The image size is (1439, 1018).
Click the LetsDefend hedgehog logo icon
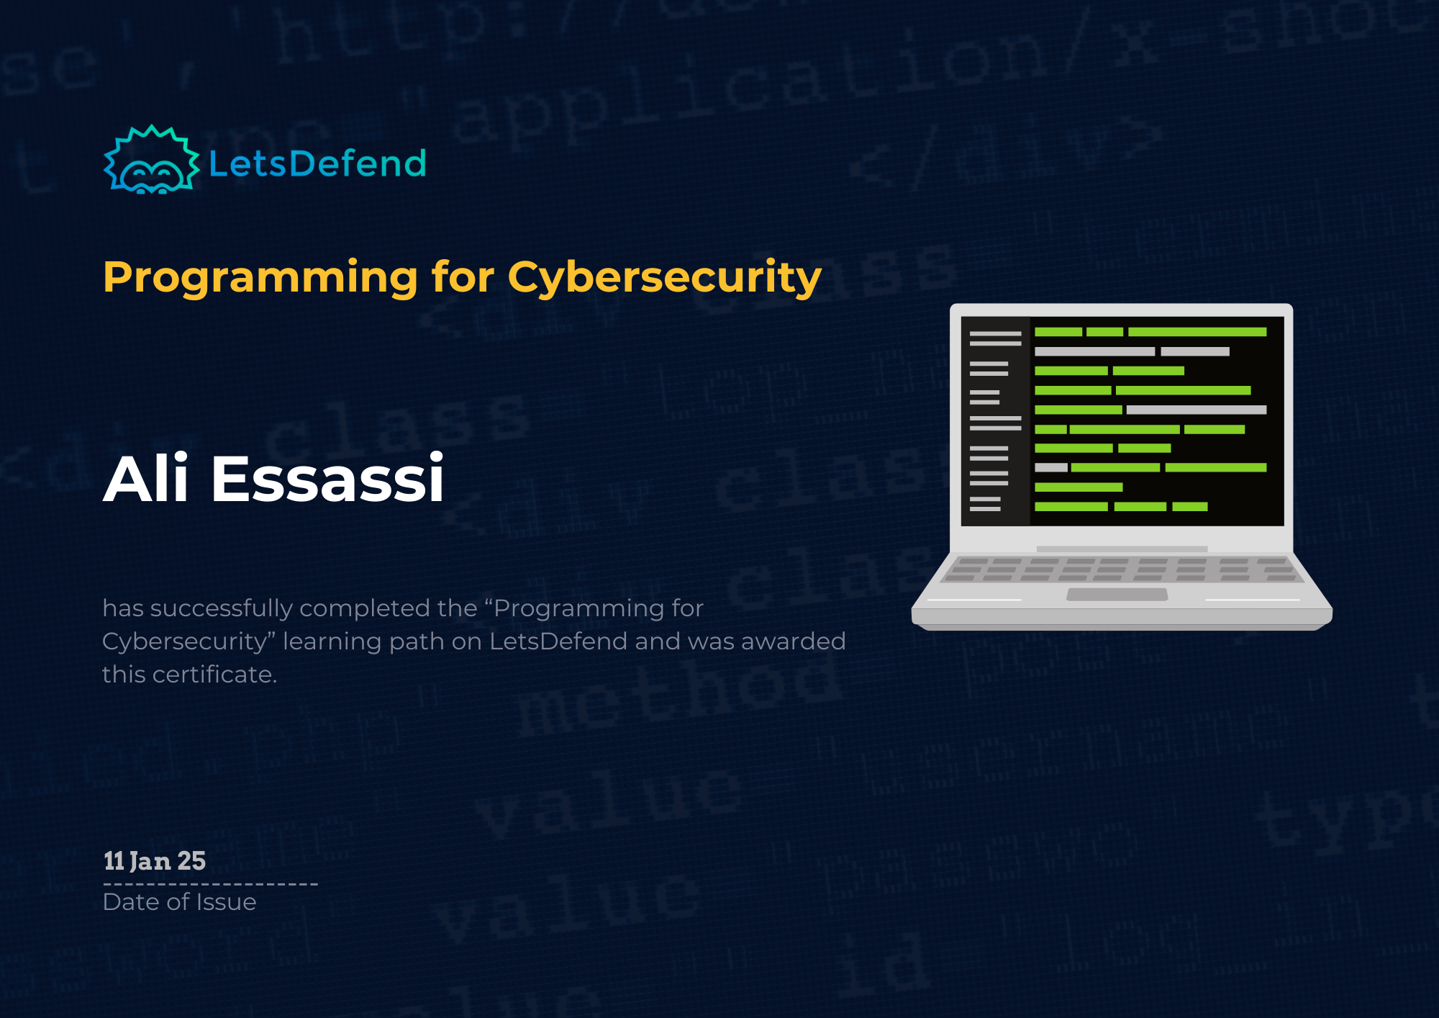[x=151, y=161]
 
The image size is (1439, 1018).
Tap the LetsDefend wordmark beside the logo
[x=317, y=163]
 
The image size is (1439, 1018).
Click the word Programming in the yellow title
[x=260, y=278]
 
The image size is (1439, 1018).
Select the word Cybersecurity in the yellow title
[x=664, y=278]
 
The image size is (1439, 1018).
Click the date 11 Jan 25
[x=155, y=861]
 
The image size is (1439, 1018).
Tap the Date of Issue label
[x=179, y=902]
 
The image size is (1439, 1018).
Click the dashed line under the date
[x=210, y=884]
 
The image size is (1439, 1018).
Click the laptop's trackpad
[x=1117, y=594]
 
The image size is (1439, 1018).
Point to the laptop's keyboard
[x=1121, y=569]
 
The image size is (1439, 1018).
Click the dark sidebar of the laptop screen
[x=995, y=421]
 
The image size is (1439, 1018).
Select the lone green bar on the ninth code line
[x=1078, y=487]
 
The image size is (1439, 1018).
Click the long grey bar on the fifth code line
[x=1196, y=410]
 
